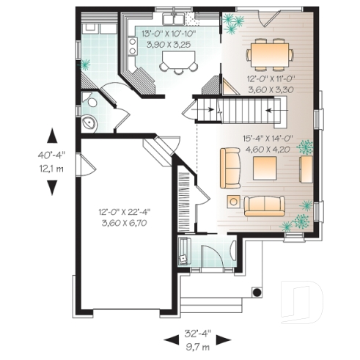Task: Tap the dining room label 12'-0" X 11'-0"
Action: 271,76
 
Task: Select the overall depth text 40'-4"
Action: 53,155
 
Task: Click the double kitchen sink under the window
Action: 172,16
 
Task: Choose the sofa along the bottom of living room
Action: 264,205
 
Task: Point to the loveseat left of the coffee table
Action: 231,168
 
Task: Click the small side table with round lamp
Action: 233,200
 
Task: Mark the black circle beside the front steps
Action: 257,292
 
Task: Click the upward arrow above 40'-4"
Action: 53,137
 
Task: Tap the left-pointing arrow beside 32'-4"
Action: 169,339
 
